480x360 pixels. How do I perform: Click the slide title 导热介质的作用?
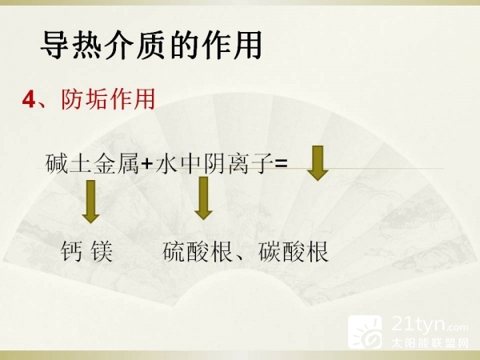pos(151,45)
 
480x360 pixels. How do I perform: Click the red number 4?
pos(29,100)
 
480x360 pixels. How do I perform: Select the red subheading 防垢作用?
pos(108,99)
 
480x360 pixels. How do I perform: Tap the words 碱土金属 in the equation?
pos(92,164)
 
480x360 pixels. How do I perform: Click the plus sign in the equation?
pos(147,164)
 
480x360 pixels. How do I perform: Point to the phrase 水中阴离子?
pos(214,164)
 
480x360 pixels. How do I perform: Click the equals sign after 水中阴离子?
pos(281,164)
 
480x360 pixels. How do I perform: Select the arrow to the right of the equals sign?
pos(318,163)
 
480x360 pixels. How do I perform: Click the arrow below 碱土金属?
pos(90,202)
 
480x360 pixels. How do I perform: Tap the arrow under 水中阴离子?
pos(203,198)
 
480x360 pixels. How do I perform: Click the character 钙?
pos(71,251)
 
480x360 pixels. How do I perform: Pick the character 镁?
pos(102,251)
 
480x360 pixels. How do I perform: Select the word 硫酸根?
pos(198,251)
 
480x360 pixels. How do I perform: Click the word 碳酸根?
pos(294,251)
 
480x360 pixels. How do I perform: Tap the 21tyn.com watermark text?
pos(430,324)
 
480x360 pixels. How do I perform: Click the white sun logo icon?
pos(365,332)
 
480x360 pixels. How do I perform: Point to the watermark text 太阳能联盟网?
pos(430,343)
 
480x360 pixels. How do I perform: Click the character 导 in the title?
pos(55,45)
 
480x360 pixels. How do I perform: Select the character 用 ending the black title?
pos(247,45)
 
